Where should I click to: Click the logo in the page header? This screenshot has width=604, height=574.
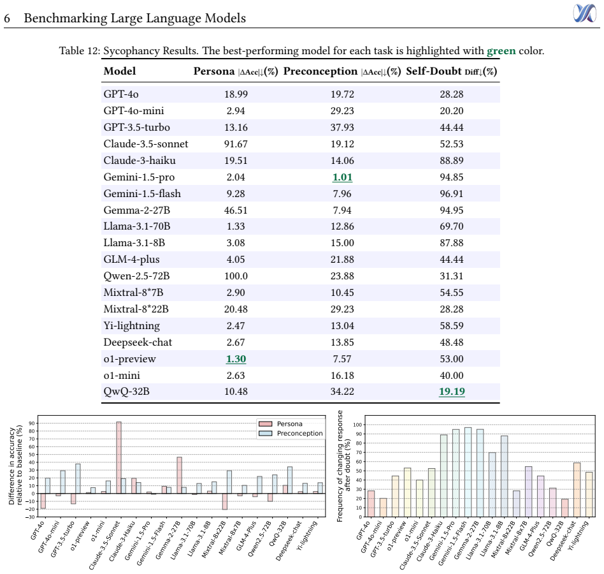click(x=584, y=13)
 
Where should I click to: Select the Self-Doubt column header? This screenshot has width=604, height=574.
click(x=452, y=71)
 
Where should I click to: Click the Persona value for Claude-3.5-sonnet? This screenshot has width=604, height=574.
click(x=236, y=143)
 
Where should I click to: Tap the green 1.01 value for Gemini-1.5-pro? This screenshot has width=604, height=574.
click(x=342, y=177)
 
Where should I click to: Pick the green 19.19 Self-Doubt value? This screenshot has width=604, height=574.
click(x=452, y=392)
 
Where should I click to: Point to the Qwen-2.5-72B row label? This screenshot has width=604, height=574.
click(x=136, y=276)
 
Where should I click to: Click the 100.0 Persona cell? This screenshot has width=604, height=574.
click(x=236, y=276)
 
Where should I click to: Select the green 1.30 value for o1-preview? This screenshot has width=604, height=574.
click(x=236, y=359)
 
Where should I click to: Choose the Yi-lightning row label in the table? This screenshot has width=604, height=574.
click(x=131, y=326)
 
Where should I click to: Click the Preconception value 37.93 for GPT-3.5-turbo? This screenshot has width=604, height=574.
click(x=342, y=127)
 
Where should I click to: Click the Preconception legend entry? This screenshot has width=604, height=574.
click(x=291, y=433)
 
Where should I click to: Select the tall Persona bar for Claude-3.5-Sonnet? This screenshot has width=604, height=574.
click(x=119, y=457)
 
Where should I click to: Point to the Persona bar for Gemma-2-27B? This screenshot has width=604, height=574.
click(x=180, y=475)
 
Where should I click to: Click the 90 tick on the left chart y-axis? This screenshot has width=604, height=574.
click(x=32, y=423)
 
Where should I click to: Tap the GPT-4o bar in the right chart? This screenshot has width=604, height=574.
click(x=371, y=503)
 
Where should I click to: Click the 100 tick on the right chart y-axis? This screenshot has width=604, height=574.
click(x=358, y=425)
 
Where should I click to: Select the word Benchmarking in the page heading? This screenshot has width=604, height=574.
click(x=66, y=18)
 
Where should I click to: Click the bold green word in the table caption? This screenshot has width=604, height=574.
click(x=501, y=51)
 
